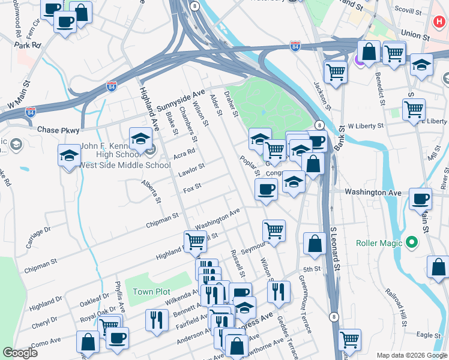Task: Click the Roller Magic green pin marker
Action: pyautogui.click(x=411, y=243)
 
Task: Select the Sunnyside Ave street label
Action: pyautogui.click(x=181, y=100)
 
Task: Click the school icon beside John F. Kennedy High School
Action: pyautogui.click(x=140, y=139)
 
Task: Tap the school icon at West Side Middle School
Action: pyautogui.click(x=69, y=155)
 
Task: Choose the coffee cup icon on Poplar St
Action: pyautogui.click(x=265, y=190)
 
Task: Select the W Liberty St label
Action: pyautogui.click(x=365, y=126)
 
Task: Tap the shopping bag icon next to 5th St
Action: pyautogui.click(x=314, y=244)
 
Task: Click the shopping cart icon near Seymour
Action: pyautogui.click(x=274, y=230)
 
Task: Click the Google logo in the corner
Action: pyautogui.click(x=19, y=353)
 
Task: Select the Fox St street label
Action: pyautogui.click(x=191, y=188)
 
